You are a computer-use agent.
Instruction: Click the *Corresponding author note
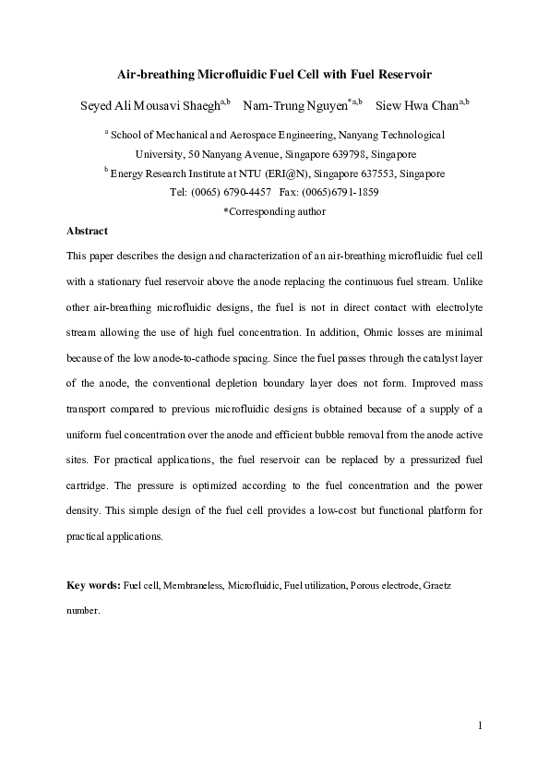coord(274,211)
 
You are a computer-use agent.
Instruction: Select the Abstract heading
coord(88,231)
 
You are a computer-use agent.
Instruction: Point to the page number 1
coord(480,725)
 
